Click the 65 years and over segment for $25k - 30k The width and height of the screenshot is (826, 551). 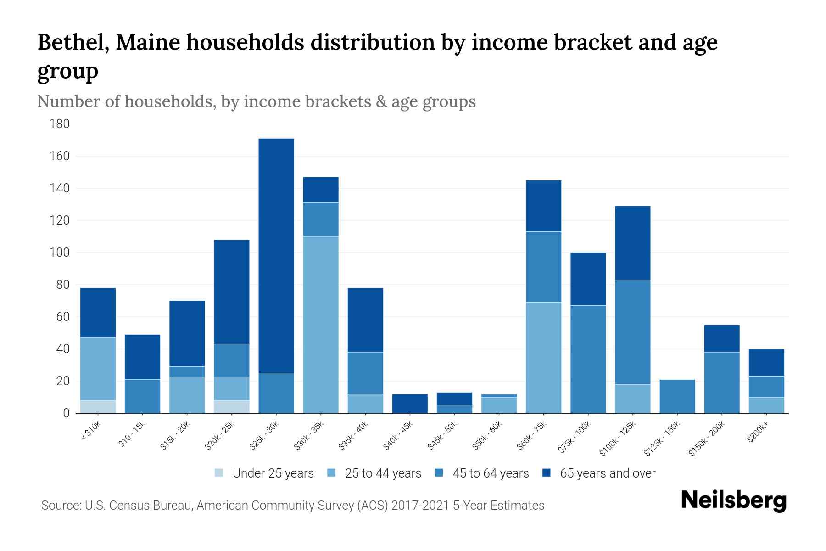point(276,255)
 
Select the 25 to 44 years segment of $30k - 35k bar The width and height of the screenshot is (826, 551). point(321,325)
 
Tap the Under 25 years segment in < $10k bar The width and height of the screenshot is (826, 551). point(98,406)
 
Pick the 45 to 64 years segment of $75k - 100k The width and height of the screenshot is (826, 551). point(588,359)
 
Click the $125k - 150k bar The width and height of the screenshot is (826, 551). point(677,396)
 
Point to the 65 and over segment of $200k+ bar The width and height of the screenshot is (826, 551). point(766,362)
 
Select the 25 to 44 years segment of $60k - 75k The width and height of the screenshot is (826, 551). point(543,357)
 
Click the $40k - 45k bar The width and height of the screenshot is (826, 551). point(410,403)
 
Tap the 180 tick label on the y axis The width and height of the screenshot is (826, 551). point(60,124)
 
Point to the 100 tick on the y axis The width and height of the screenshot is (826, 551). point(60,253)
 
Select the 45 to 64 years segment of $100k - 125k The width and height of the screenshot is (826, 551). point(632,332)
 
